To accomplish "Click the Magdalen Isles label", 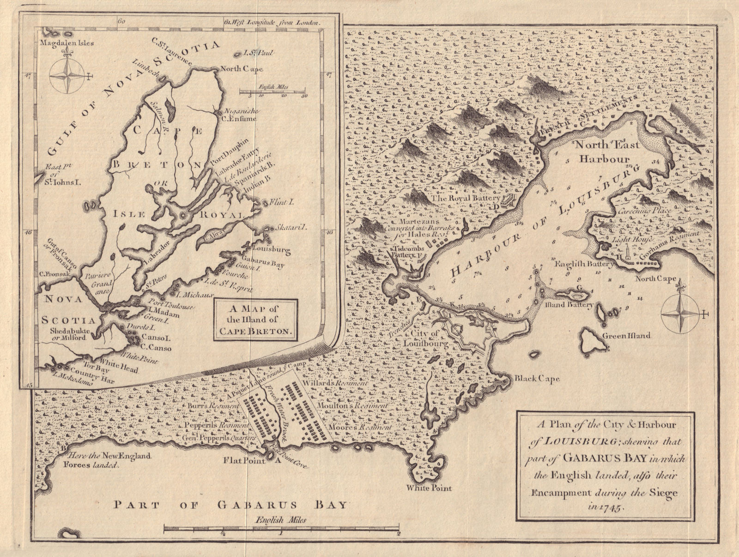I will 67,43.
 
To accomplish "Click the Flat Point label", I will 244,460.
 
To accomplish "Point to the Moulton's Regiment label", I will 352,405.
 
